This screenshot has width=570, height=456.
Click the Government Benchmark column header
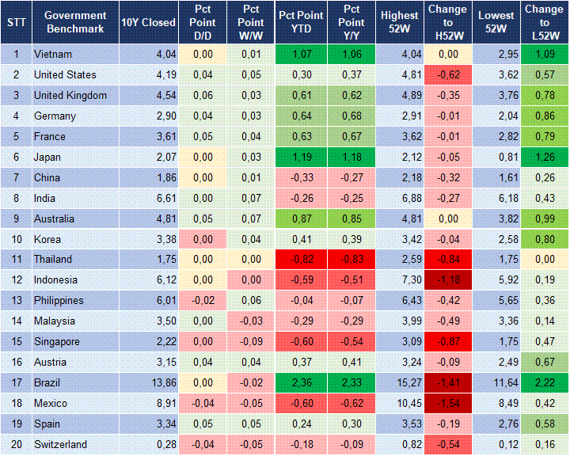point(76,22)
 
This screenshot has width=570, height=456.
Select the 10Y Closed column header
point(148,22)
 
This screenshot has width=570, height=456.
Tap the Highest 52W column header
point(400,22)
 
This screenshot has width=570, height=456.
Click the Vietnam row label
point(52,55)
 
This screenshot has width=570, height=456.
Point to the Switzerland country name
point(60,445)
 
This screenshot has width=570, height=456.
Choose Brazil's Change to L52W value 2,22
point(543,383)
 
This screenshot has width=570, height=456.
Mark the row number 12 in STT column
point(16,280)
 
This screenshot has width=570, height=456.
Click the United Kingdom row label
point(70,96)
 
